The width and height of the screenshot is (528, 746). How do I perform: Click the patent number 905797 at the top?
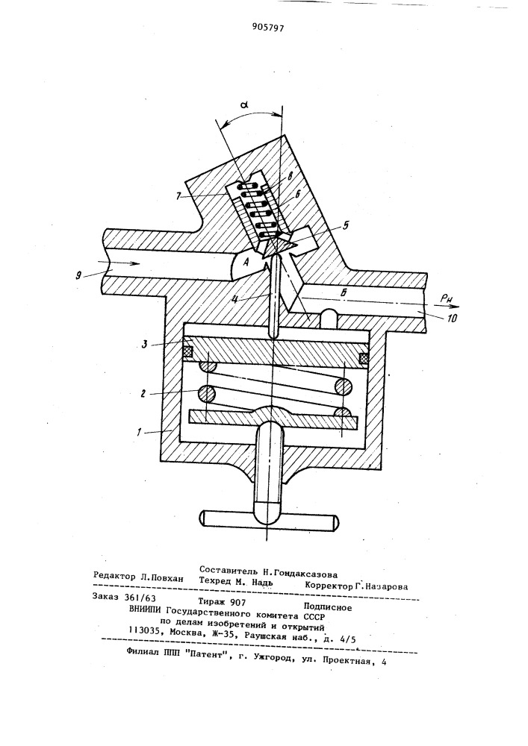(x=267, y=27)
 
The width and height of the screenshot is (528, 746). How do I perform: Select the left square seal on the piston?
(x=189, y=353)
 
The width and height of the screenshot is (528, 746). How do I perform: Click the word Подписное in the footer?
(x=328, y=607)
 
